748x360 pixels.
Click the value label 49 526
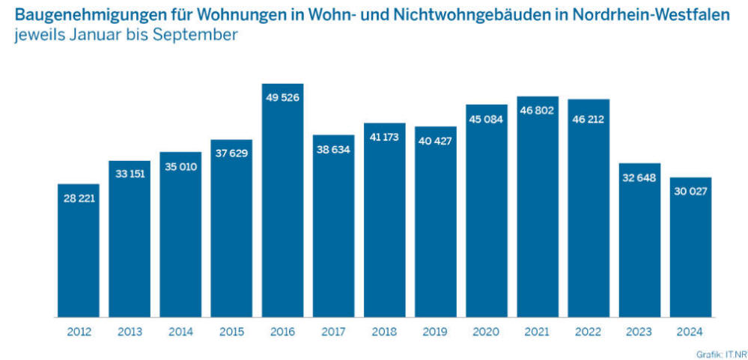tap(282, 97)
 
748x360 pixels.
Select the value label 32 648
tap(639, 177)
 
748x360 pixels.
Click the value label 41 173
tap(384, 137)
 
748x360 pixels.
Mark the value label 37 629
tap(231, 153)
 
